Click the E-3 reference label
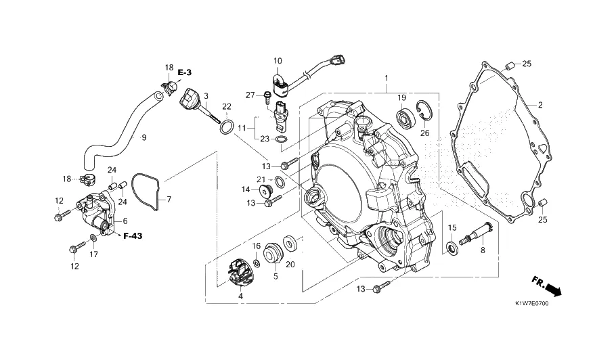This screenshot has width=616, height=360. [x=185, y=72]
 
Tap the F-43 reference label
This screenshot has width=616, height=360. [x=133, y=236]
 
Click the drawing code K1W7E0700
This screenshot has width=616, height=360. [x=532, y=303]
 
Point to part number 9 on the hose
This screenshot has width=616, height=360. [x=144, y=137]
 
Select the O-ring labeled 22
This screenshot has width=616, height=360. [x=227, y=127]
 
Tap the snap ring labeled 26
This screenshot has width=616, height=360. [x=424, y=110]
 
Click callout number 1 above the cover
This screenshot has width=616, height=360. [x=386, y=78]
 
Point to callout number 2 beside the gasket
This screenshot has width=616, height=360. [x=540, y=105]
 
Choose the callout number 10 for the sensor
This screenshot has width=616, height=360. [x=278, y=61]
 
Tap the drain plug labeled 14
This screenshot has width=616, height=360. [x=265, y=192]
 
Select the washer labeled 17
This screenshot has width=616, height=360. [x=94, y=238]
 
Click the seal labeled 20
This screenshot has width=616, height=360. [x=290, y=244]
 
